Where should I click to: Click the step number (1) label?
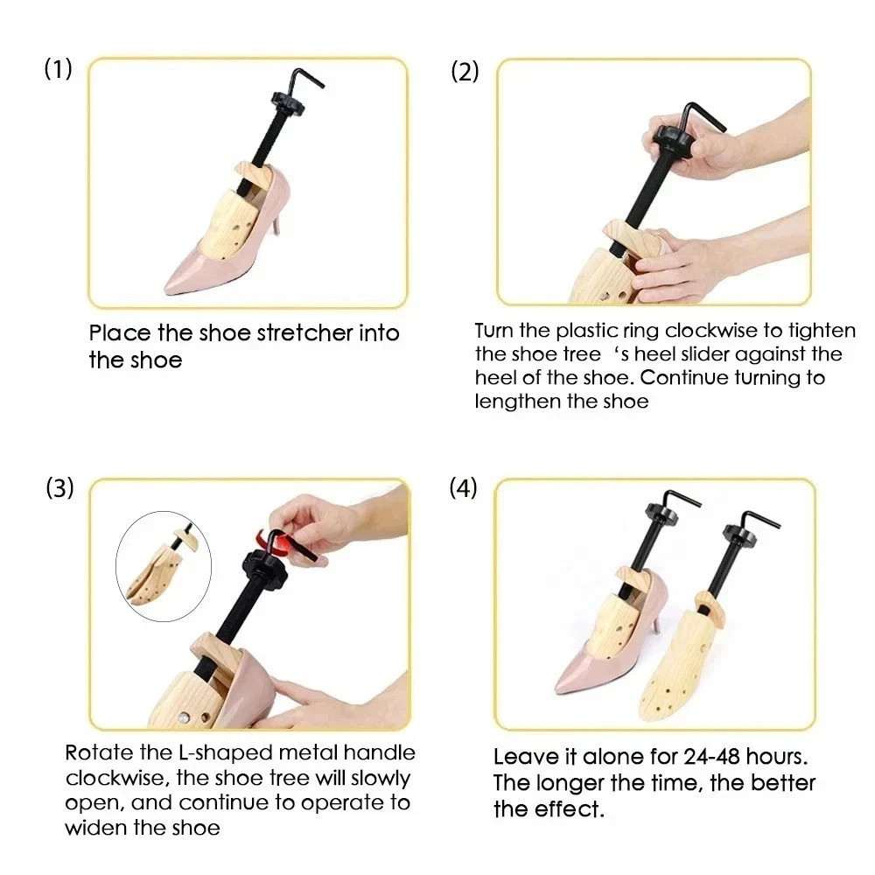[58, 71]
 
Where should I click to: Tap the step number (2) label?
[465, 72]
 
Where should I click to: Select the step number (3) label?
[59, 488]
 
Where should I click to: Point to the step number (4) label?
[464, 488]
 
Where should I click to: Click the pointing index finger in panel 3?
[297, 696]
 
